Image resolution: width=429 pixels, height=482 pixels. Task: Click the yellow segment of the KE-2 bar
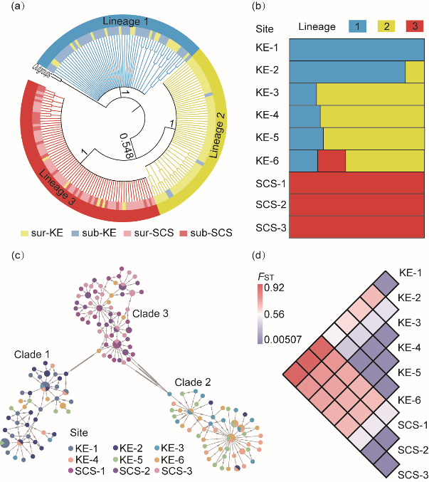pos(415,72)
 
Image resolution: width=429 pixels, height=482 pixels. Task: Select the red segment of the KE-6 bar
pos(332,160)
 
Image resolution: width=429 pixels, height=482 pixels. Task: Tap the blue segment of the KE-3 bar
pos(303,95)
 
